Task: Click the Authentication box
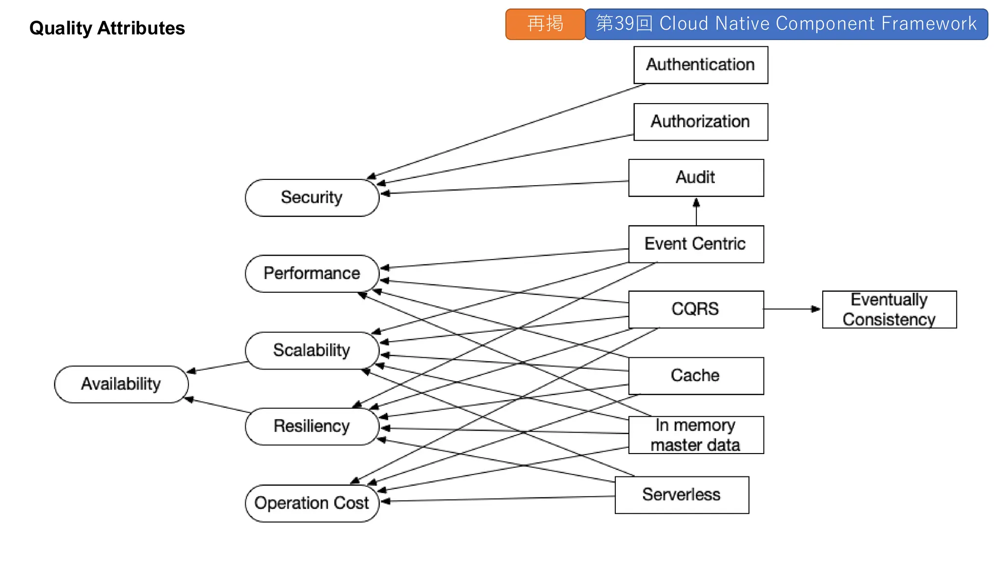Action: [x=700, y=65]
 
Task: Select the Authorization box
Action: [x=700, y=122]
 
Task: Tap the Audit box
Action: [x=696, y=178]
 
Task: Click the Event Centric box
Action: [x=696, y=244]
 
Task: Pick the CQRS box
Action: [x=696, y=309]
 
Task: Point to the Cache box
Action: [x=696, y=376]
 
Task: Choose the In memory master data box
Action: [x=696, y=435]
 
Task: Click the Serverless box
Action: [x=682, y=495]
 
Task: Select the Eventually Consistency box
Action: [x=889, y=309]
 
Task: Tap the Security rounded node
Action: [x=312, y=197]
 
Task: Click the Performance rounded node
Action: [x=312, y=273]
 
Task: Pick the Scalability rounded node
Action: [x=312, y=350]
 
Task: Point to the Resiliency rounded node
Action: [x=312, y=426]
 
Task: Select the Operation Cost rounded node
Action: [x=312, y=503]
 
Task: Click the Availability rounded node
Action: [x=121, y=384]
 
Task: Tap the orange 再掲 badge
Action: [x=545, y=24]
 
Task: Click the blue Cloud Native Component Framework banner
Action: [x=786, y=24]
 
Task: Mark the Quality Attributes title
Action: [x=107, y=28]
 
